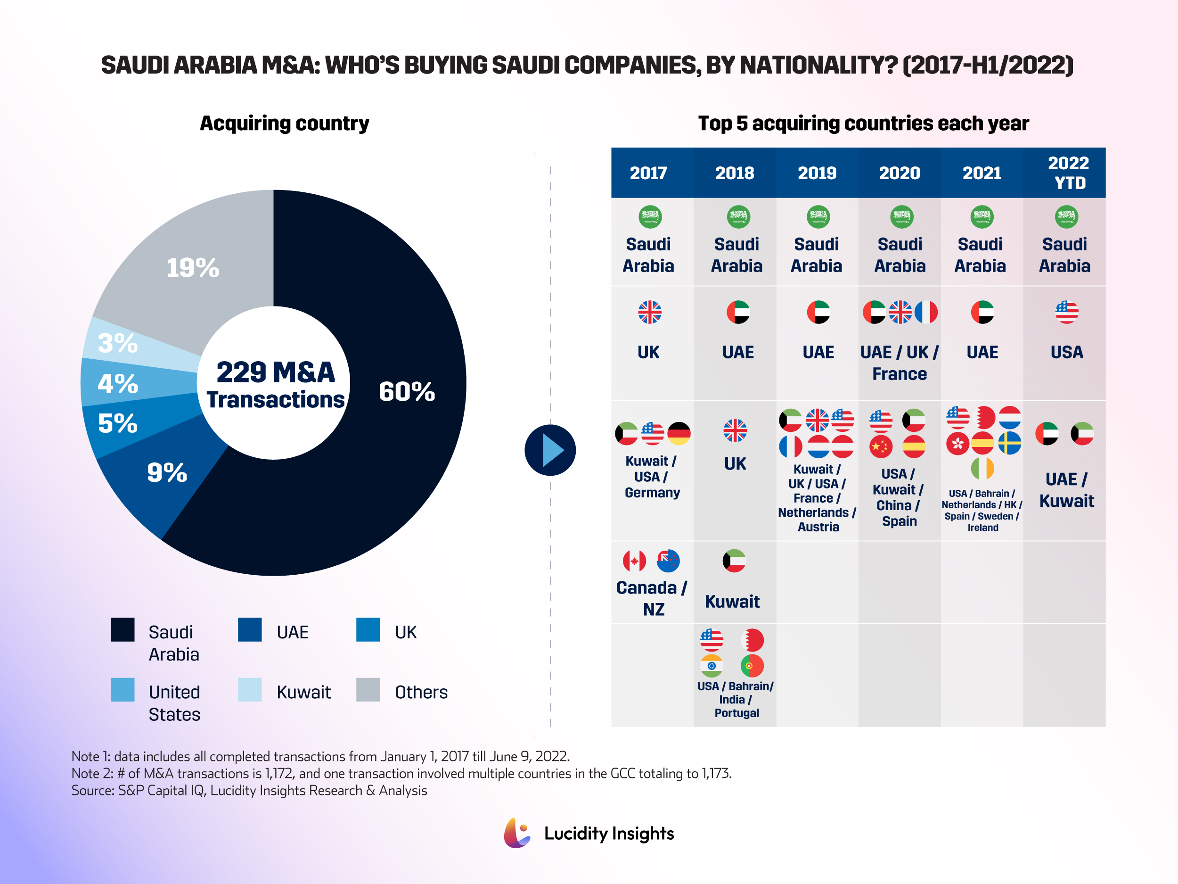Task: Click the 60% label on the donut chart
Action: pos(406,392)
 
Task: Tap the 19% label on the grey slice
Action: pos(193,267)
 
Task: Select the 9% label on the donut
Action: pos(167,472)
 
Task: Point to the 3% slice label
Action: pos(118,343)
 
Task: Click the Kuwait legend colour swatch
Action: pos(249,689)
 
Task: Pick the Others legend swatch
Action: pos(368,689)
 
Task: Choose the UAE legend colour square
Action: pos(249,629)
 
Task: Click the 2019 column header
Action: pos(817,173)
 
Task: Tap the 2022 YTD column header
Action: pos(1068,173)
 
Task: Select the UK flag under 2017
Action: pos(650,312)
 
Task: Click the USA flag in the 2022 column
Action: pos(1066,312)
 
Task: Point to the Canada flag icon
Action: pos(634,561)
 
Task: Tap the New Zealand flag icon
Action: pos(668,561)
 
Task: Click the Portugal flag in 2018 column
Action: pos(752,666)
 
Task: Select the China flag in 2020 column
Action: pos(881,446)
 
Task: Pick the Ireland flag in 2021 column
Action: pos(982,468)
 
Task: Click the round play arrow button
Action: pos(550,450)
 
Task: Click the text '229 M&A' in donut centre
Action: pos(275,372)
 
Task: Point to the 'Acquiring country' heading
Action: pos(285,123)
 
